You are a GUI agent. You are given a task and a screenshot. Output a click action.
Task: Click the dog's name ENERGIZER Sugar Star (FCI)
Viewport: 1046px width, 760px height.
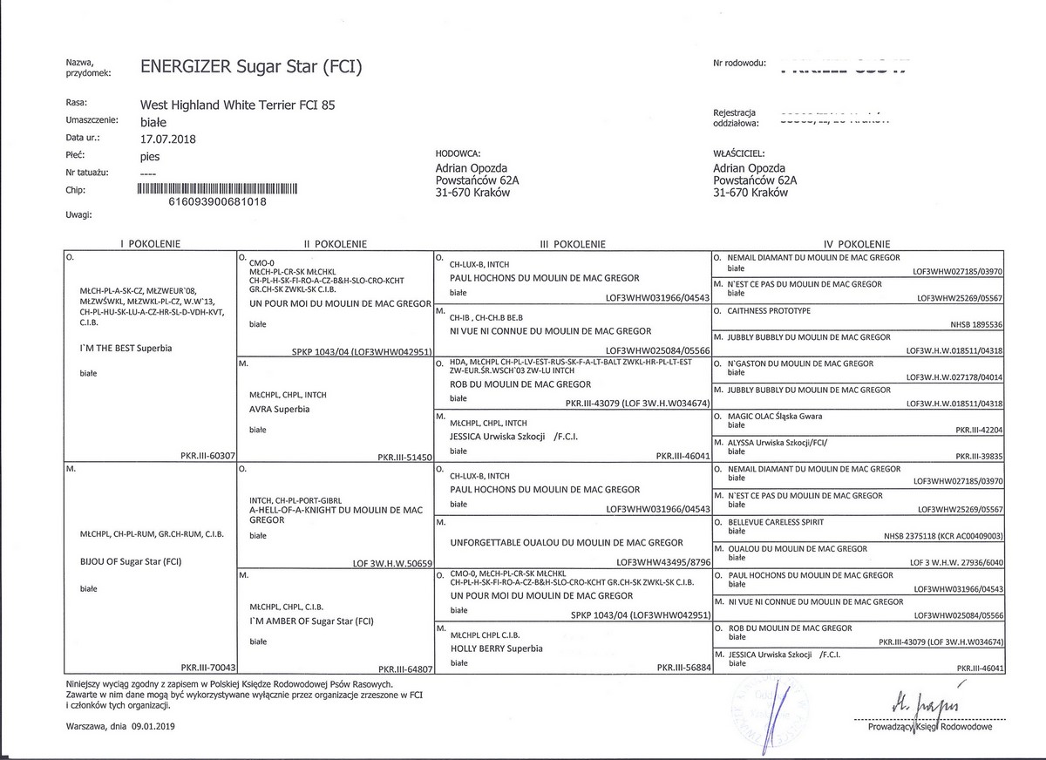pyautogui.click(x=250, y=67)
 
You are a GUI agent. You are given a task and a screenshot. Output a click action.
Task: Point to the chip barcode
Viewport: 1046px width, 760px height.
pyautogui.click(x=218, y=187)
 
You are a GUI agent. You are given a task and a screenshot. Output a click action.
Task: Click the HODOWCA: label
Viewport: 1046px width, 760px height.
pyautogui.click(x=458, y=153)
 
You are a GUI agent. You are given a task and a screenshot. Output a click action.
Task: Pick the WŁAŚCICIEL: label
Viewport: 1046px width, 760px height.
pyautogui.click(x=739, y=153)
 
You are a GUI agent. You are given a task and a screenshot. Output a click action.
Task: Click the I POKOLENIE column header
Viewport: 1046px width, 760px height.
pyautogui.click(x=150, y=245)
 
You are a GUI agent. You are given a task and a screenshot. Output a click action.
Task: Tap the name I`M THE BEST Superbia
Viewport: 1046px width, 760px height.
pyautogui.click(x=126, y=348)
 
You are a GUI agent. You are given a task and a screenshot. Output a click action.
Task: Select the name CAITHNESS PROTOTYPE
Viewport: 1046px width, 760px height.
pyautogui.click(x=769, y=310)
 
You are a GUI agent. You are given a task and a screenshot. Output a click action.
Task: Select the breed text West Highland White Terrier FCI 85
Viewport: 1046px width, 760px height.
pyautogui.click(x=237, y=105)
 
